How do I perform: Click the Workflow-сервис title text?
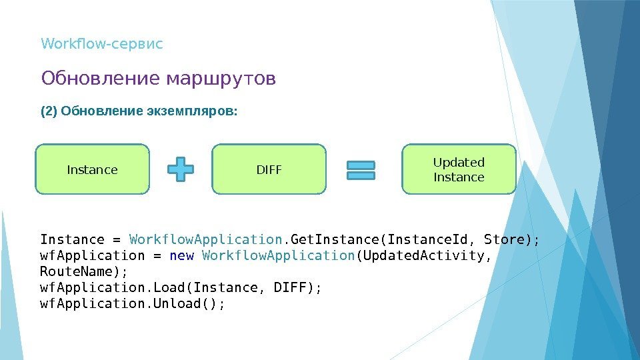coord(102,45)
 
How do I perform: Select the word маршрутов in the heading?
coord(220,79)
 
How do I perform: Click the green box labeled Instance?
coord(92,169)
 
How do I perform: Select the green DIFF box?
coord(269,169)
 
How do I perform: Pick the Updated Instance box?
coord(459,169)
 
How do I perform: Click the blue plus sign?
coord(180,169)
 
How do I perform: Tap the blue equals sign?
coord(361,169)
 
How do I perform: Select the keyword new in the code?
coord(182,255)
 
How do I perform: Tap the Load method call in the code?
coord(166,287)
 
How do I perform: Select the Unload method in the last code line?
coord(174,303)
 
